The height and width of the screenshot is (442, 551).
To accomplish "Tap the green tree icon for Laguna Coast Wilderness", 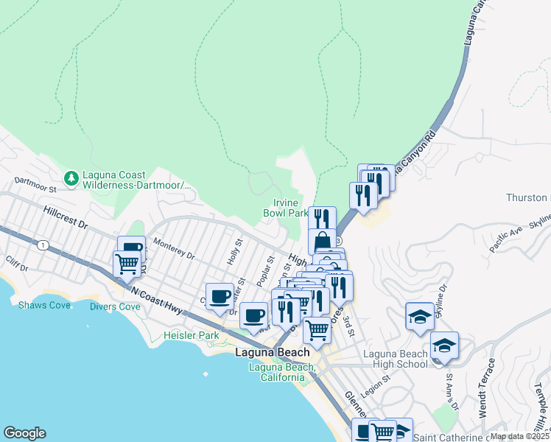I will pyautogui.click(x=71, y=178).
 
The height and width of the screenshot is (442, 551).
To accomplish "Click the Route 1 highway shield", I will pyautogui.click(x=45, y=245).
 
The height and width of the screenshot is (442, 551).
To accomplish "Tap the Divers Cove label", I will pyautogui.click(x=115, y=306).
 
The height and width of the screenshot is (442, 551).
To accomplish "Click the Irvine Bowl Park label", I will pyautogui.click(x=286, y=208).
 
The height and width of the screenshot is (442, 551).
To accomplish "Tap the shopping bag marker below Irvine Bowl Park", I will pyautogui.click(x=322, y=241).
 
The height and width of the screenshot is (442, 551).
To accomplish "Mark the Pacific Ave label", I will pyautogui.click(x=506, y=241).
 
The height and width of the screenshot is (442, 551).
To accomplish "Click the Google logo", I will pyautogui.click(x=24, y=433).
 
